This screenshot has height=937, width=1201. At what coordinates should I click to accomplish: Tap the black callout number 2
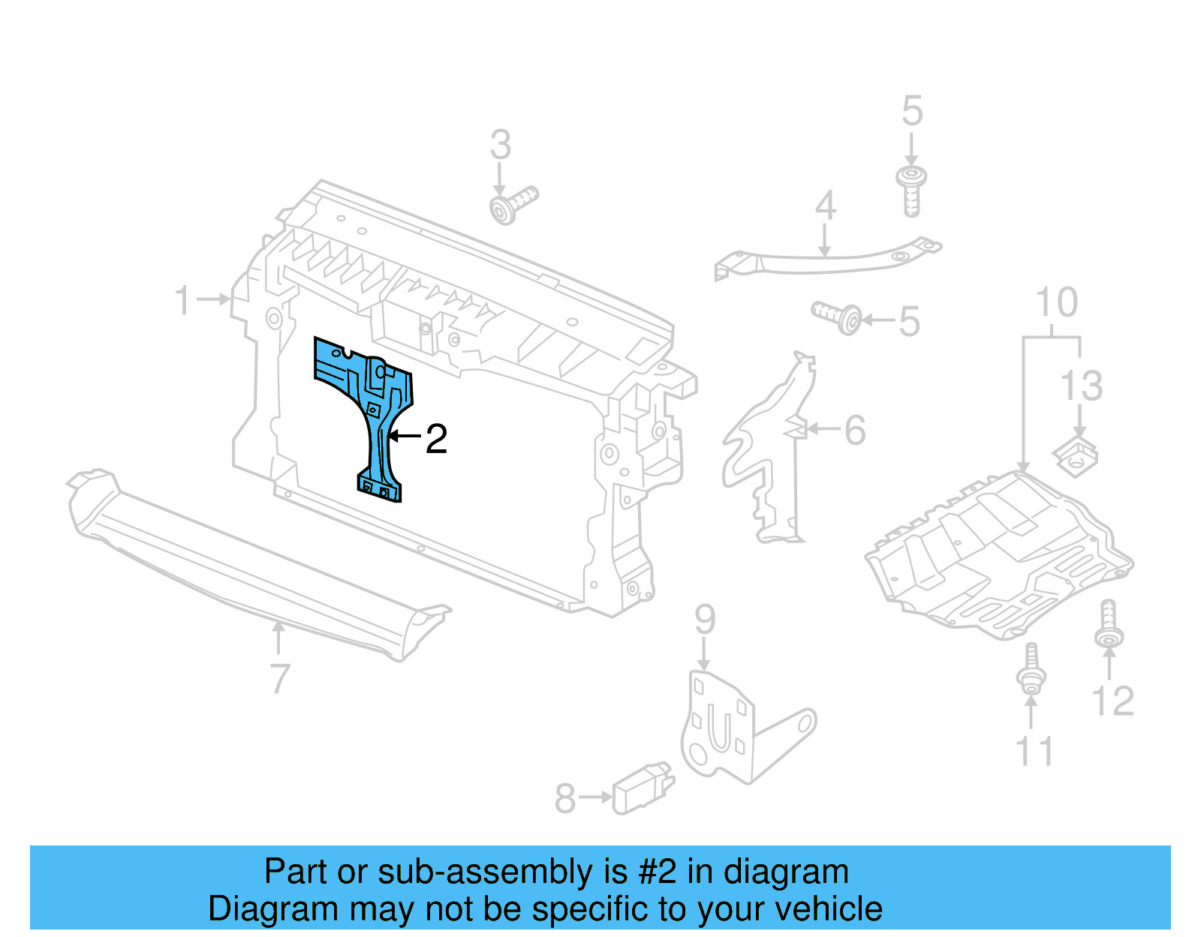(x=436, y=439)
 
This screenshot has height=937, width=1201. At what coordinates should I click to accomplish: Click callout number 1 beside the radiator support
(x=182, y=300)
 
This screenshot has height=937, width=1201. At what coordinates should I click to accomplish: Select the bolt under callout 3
(x=513, y=205)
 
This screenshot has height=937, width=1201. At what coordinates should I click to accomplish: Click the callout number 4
(x=825, y=206)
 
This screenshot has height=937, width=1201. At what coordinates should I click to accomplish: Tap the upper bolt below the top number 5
(x=911, y=190)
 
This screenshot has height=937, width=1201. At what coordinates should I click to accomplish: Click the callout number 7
(x=279, y=679)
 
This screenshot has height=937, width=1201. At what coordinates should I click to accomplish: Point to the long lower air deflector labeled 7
(x=255, y=570)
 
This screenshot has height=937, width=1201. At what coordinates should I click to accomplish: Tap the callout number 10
(x=1056, y=302)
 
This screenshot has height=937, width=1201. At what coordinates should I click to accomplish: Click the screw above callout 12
(x=1109, y=623)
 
